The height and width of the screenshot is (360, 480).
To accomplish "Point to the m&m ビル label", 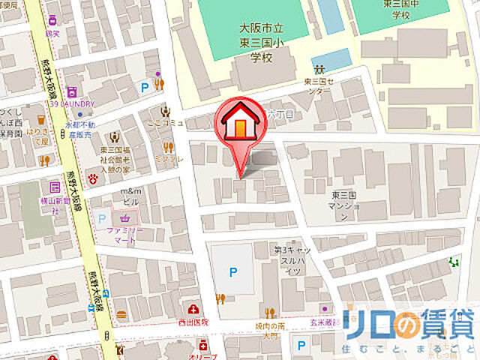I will (131, 196).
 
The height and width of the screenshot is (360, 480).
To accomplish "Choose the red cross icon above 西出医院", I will (194, 309).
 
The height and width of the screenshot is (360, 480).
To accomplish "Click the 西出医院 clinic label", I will (194, 322).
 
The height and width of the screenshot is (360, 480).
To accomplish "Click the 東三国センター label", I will (316, 85).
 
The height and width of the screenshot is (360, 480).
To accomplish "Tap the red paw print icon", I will (93, 179).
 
